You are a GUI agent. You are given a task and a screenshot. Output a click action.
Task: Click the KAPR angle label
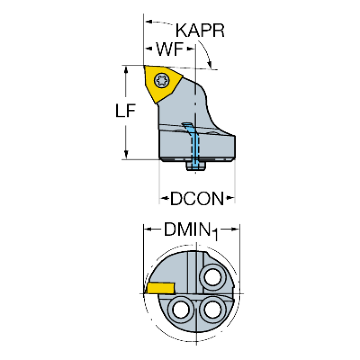(201, 31)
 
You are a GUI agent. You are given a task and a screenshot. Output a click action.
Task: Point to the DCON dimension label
(197, 199)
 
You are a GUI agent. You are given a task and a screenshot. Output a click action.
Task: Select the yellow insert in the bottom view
(160, 287)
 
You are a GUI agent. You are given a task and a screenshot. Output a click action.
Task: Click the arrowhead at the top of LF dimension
(125, 70)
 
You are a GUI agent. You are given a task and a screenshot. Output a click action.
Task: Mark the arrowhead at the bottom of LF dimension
(125, 154)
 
